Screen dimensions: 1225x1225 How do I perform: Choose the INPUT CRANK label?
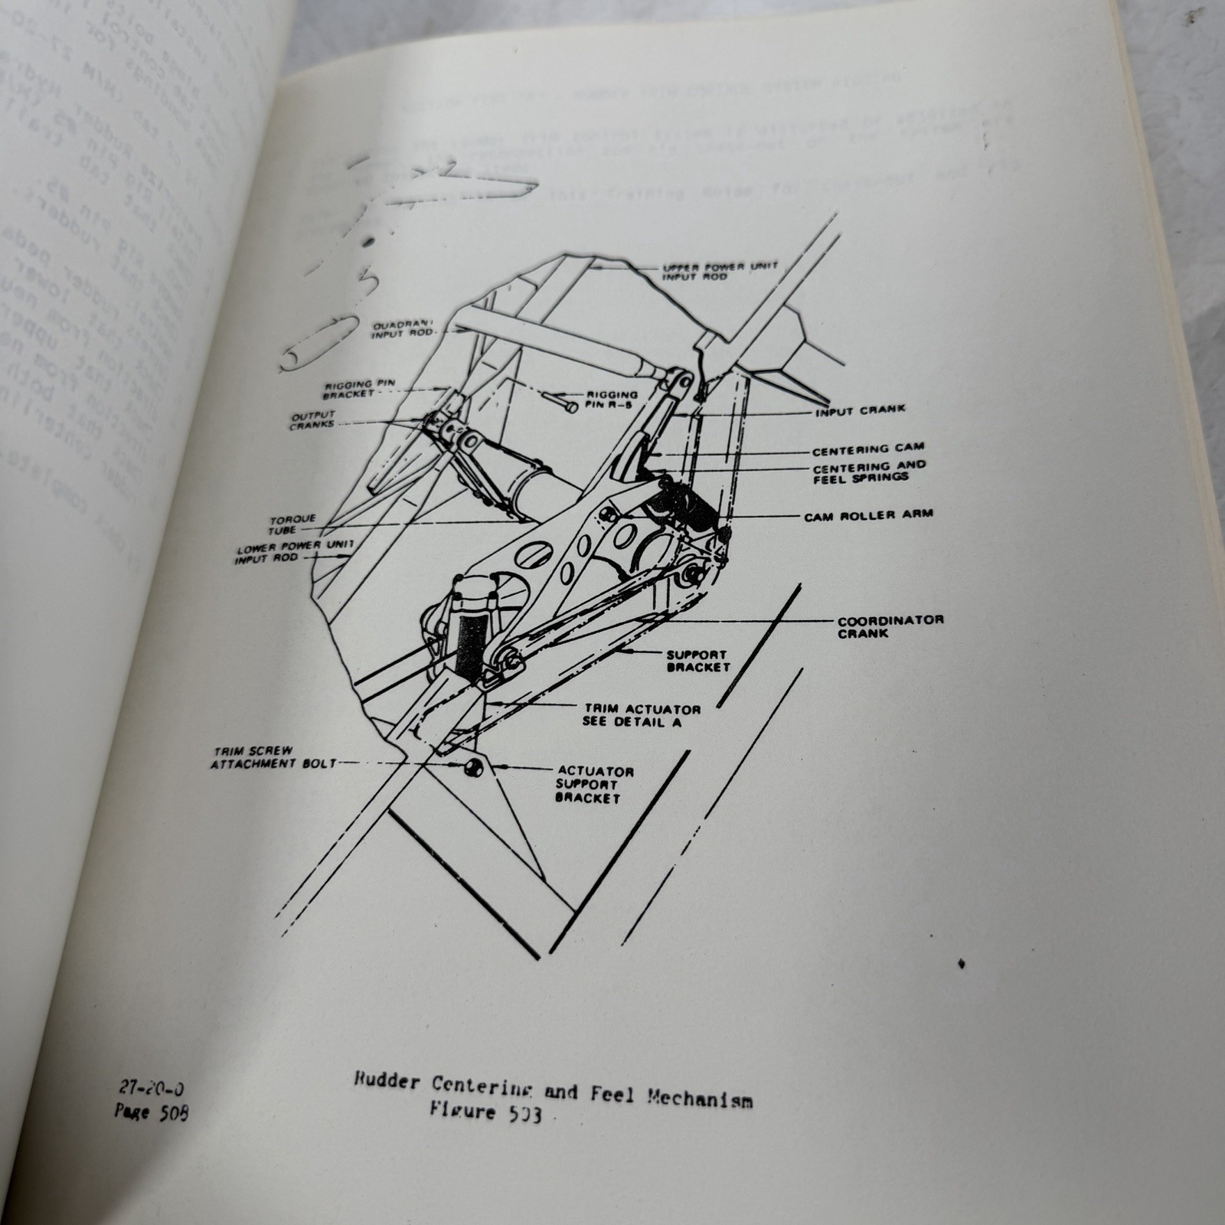(x=860, y=410)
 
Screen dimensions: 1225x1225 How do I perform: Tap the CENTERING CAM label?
(x=868, y=449)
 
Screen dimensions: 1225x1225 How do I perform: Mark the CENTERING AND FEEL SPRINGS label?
(x=868, y=472)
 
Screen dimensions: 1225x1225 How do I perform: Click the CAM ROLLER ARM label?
(x=868, y=514)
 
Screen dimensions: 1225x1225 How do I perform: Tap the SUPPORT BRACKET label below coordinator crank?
(x=697, y=661)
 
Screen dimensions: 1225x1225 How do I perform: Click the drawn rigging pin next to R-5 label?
(x=561, y=401)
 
